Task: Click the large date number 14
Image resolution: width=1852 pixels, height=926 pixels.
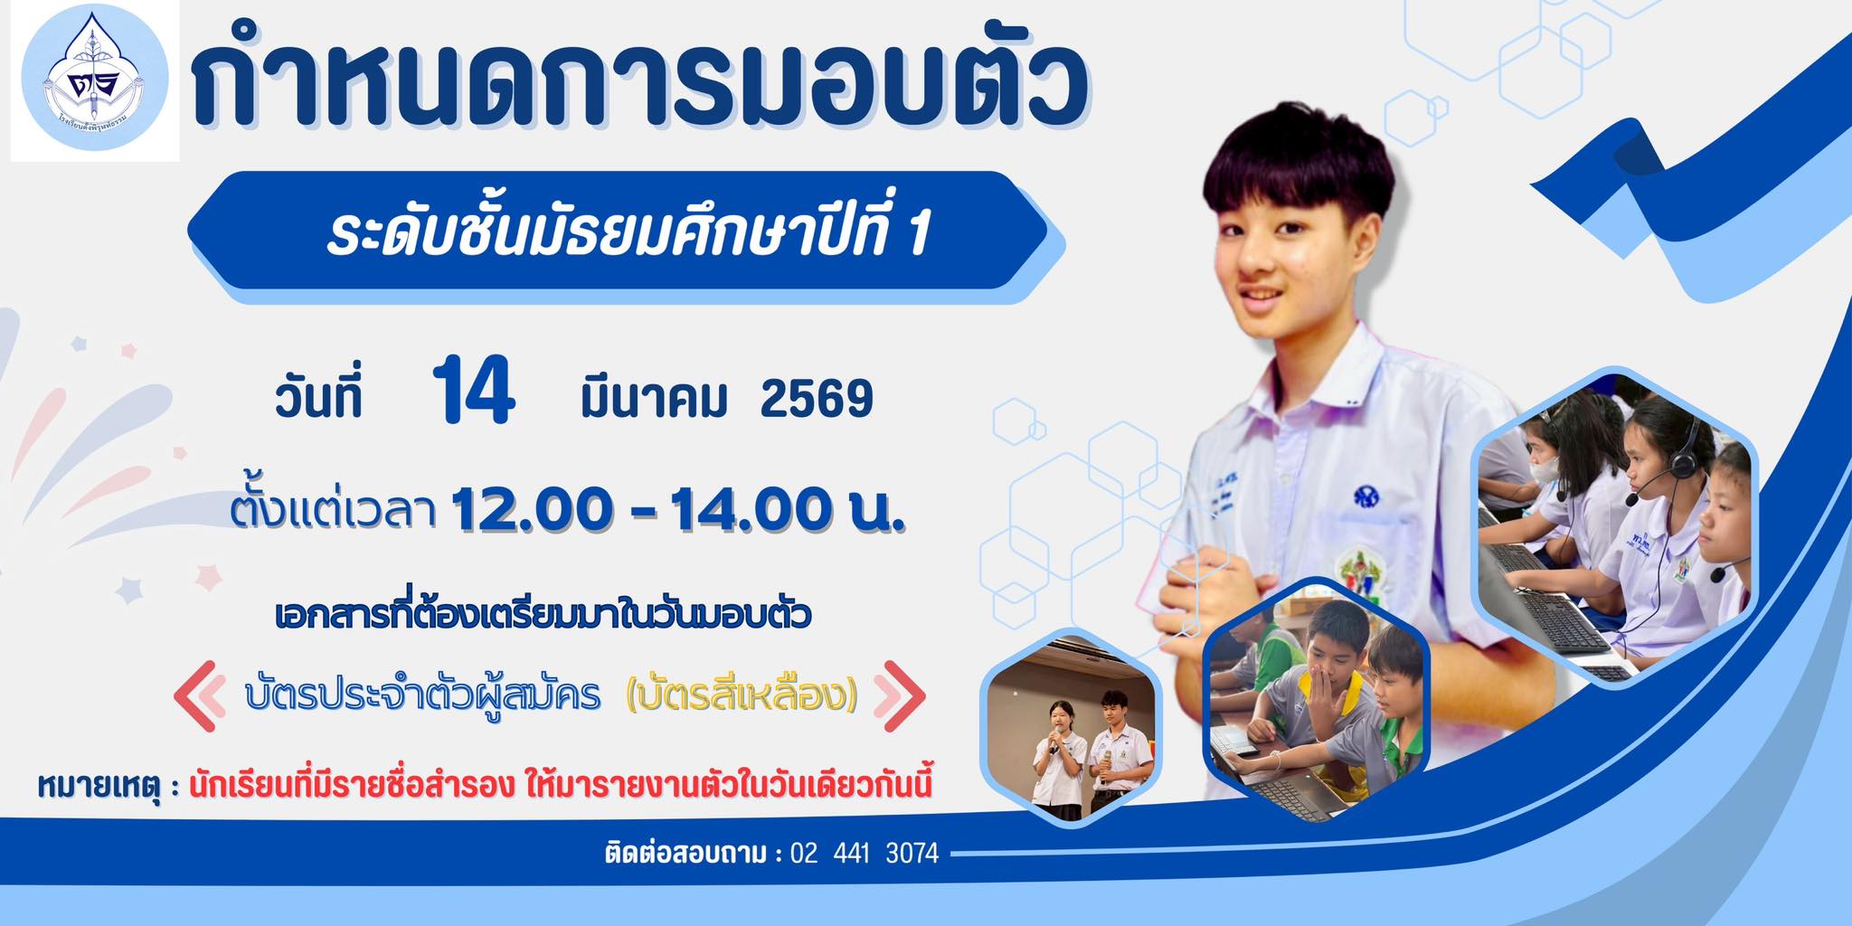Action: coord(474,391)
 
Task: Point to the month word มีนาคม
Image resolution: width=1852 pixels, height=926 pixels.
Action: coord(654,398)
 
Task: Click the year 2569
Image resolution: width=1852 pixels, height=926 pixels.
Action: coord(817,399)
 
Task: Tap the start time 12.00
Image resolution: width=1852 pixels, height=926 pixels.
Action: coord(532,509)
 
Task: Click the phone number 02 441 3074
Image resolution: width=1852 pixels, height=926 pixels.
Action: coord(865,853)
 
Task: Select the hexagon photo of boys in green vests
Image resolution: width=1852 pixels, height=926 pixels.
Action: coord(1317,701)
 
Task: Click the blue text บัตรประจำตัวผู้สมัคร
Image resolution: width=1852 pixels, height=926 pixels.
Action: coord(422,695)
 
